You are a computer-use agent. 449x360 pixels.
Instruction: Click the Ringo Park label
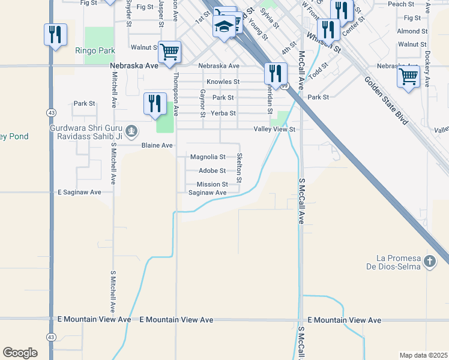tap(90, 51)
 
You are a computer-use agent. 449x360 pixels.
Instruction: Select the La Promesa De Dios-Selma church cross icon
tap(429, 262)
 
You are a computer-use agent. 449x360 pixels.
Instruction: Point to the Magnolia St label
tap(208, 157)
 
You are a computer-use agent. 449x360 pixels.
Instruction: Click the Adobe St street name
tap(212, 171)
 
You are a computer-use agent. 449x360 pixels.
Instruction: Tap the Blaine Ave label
tap(157, 145)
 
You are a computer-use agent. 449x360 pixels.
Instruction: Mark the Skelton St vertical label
tap(240, 167)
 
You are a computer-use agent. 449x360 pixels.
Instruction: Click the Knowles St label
tap(223, 82)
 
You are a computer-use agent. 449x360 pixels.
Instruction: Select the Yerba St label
tap(224, 113)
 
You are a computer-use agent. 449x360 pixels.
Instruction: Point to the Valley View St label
tap(275, 129)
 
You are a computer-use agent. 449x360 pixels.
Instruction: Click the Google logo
tap(20, 352)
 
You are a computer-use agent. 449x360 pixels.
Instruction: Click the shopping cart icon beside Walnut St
tap(170, 51)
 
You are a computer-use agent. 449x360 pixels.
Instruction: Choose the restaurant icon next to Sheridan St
tap(276, 73)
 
